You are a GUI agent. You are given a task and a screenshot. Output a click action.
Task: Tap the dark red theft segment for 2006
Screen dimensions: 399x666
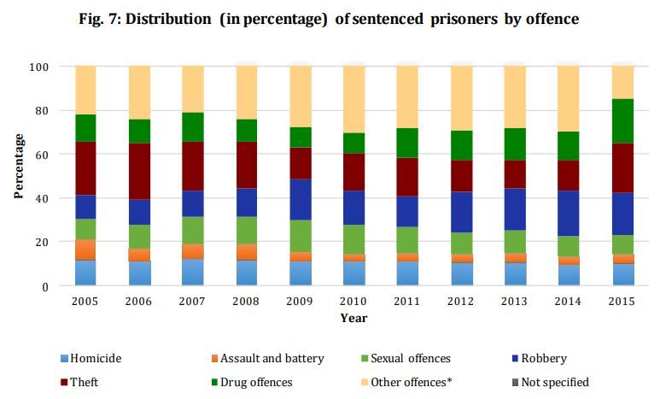click(x=139, y=171)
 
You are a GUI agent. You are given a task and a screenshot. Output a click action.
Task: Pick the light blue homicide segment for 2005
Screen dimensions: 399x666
click(x=85, y=273)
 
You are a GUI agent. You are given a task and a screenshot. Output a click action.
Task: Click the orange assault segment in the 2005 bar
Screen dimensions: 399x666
click(x=85, y=249)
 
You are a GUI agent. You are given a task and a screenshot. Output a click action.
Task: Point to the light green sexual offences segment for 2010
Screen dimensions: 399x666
click(x=353, y=239)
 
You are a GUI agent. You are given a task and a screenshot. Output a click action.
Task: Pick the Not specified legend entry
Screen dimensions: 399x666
click(x=552, y=382)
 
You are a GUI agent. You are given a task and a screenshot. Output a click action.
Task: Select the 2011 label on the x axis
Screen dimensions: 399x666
click(x=406, y=302)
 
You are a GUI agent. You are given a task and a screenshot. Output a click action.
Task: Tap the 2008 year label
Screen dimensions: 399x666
click(x=246, y=302)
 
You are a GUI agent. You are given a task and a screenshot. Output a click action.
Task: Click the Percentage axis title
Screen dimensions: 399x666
click(x=18, y=166)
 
